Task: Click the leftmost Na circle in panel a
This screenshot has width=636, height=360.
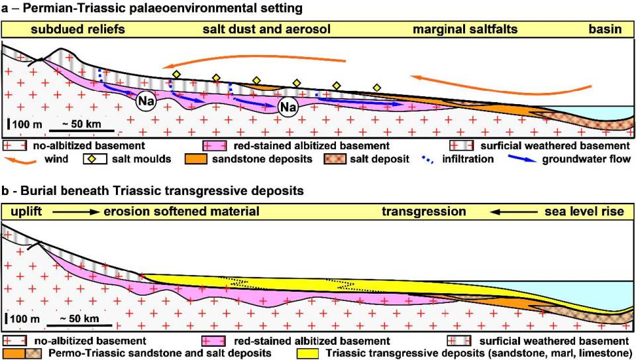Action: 146,103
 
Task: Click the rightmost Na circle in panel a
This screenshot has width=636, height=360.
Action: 287,107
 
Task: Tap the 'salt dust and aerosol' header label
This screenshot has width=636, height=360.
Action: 266,30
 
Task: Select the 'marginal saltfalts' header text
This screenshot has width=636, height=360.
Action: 464,30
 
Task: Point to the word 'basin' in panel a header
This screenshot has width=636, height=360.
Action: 605,30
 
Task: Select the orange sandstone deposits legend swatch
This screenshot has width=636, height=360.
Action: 216,159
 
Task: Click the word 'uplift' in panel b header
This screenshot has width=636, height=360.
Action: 25,212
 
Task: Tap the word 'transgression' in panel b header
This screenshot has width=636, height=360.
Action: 424,212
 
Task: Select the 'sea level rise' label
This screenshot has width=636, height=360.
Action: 584,212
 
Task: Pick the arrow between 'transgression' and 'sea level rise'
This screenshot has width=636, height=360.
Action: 509,212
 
